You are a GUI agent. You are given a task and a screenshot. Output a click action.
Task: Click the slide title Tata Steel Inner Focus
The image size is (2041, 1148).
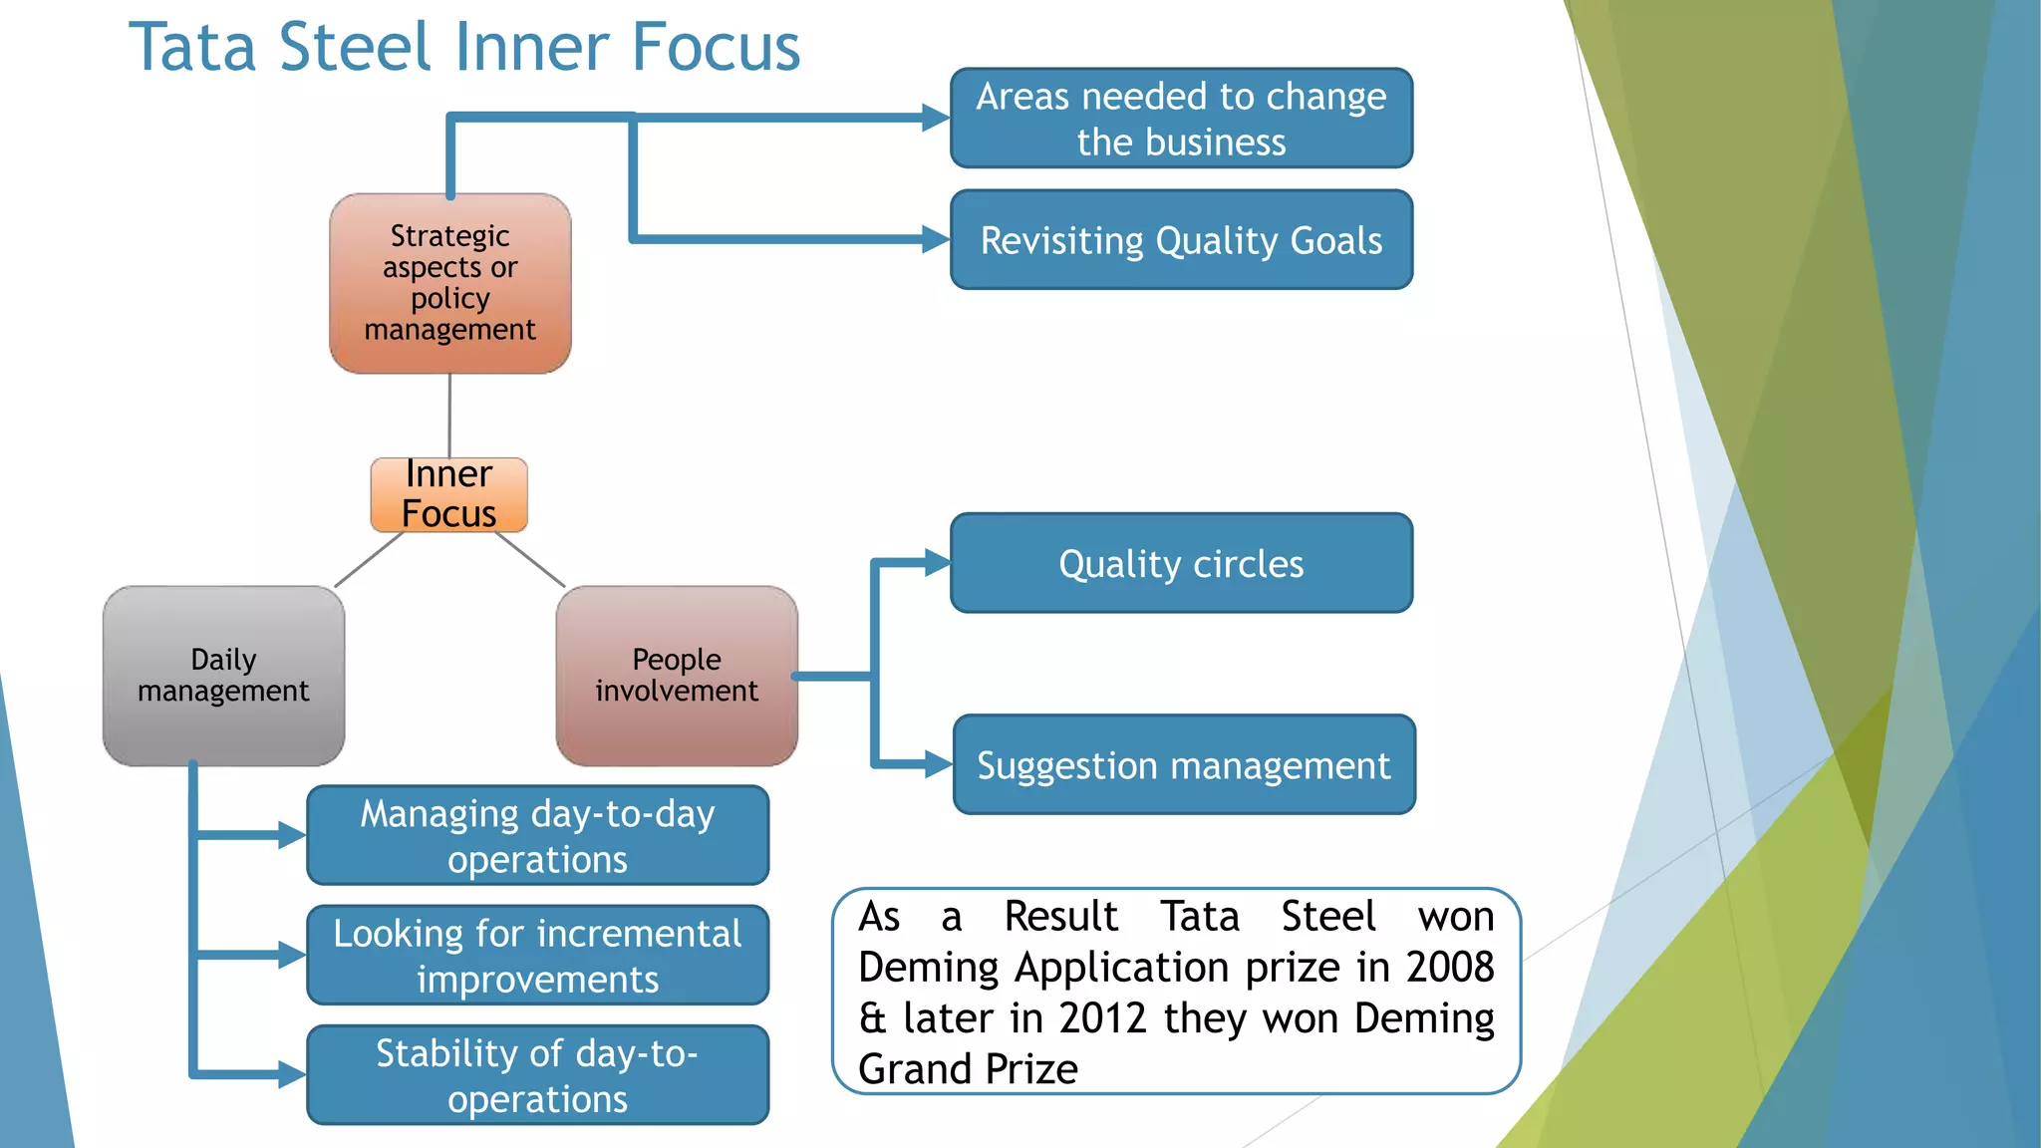coord(464,47)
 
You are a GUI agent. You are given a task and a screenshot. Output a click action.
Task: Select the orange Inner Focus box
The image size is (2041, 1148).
coord(448,494)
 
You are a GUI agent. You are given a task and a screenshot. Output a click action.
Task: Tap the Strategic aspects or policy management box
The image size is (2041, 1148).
coord(449,283)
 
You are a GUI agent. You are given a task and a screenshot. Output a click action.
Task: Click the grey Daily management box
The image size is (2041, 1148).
coord(223,676)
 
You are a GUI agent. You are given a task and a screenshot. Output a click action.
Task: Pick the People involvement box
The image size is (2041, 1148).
coord(676,676)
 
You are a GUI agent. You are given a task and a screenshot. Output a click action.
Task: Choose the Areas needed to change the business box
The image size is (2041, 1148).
coord(1181,119)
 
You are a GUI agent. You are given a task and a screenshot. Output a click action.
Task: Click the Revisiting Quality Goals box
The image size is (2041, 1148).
coord(1181,240)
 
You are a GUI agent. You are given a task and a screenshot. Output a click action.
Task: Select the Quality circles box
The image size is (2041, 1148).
coord(1181,563)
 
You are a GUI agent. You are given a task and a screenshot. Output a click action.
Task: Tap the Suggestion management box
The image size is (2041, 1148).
coord(1183,764)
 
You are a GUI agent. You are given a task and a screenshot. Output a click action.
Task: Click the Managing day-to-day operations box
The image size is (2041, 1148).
coord(537,835)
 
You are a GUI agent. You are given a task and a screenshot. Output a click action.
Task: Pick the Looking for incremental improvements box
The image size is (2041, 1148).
coord(537,955)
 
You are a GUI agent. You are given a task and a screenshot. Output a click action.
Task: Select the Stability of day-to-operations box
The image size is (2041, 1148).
coord(537,1074)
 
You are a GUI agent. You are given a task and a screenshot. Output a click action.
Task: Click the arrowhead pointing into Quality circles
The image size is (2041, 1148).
coord(938,563)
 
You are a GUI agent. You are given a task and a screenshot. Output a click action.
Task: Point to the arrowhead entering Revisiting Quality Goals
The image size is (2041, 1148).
coord(936,239)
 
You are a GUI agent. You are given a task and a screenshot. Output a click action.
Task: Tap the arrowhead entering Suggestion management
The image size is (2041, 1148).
coord(939,764)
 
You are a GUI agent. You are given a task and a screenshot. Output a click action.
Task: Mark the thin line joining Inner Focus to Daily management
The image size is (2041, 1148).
coord(369,559)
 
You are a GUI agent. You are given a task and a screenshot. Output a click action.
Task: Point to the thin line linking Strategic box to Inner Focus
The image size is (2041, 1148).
coord(449,416)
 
